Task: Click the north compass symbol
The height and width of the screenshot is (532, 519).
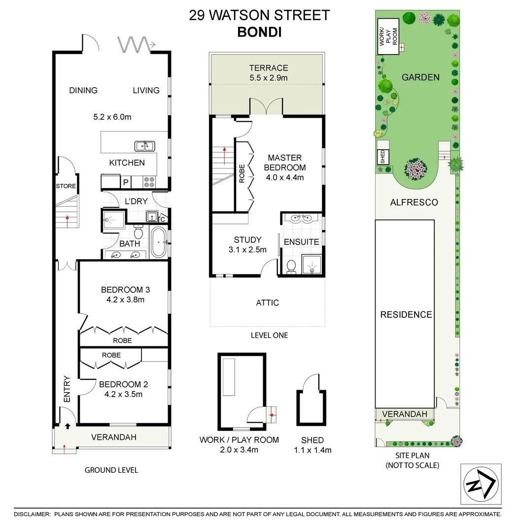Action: tap(481, 484)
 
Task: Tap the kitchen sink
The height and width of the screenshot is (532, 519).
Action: tap(144, 146)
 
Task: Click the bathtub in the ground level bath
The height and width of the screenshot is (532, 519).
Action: tap(158, 242)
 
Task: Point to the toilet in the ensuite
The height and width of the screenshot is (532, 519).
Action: tap(291, 266)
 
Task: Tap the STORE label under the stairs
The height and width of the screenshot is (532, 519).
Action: tap(66, 186)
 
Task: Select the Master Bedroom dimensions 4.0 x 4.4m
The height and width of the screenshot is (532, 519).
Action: tap(285, 177)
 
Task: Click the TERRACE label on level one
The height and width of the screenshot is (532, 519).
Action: tap(268, 68)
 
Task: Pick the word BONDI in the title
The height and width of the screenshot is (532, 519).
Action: tap(259, 32)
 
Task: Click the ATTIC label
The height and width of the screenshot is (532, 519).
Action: tap(268, 302)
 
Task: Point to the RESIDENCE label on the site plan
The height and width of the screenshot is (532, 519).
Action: tap(406, 315)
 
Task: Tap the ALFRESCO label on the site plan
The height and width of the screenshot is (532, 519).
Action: tap(414, 202)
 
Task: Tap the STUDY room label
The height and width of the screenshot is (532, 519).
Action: tap(247, 240)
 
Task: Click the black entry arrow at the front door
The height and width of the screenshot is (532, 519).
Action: tap(67, 426)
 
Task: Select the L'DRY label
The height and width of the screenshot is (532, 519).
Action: tap(136, 201)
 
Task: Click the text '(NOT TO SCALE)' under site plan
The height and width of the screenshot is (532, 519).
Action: tap(413, 465)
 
